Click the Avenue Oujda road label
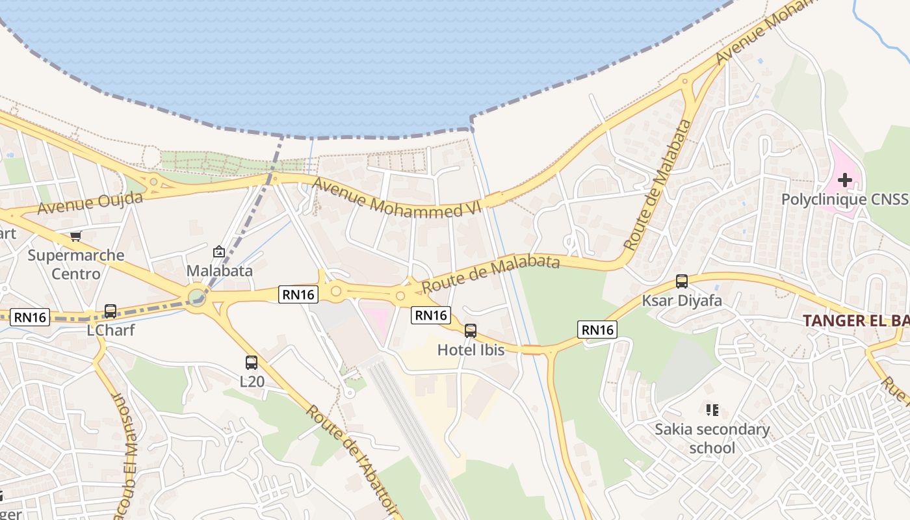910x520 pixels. (90, 203)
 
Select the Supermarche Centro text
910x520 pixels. (76, 264)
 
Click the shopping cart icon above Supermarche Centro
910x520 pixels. (76, 236)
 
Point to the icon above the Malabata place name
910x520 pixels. (219, 252)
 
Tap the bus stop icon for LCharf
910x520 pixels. (110, 311)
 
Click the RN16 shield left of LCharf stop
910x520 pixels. (31, 317)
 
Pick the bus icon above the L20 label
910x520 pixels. (252, 363)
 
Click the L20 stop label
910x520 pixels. (252, 382)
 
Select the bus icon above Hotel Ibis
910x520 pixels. (471, 331)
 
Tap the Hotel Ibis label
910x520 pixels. (471, 350)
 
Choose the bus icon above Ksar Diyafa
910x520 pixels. (682, 281)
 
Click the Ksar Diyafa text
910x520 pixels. (682, 300)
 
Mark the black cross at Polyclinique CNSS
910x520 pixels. (844, 179)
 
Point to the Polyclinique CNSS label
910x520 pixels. (844, 200)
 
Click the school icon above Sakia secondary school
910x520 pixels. (712, 410)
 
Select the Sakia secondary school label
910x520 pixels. (712, 439)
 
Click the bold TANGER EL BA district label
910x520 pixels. (855, 320)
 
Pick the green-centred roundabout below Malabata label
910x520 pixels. (196, 298)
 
